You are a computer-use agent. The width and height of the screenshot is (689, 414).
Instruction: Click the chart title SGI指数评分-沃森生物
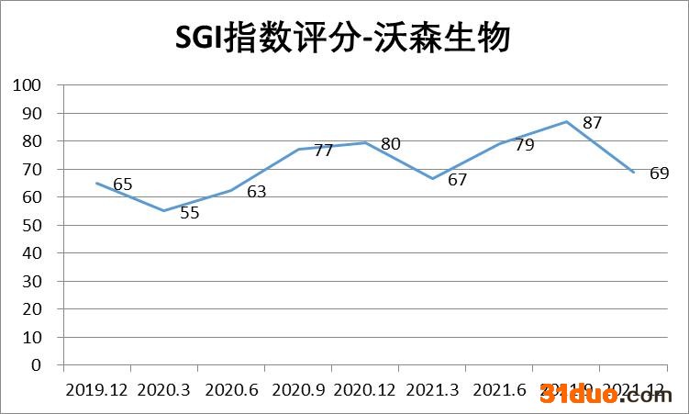pos(343,39)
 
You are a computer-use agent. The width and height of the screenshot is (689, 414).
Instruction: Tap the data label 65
pos(123,185)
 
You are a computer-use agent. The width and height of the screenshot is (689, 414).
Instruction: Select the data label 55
pos(190,213)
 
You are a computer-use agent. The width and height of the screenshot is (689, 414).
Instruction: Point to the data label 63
pos(256,192)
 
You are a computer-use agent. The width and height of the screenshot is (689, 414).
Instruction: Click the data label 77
pos(323,151)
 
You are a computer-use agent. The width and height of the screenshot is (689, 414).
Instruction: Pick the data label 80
pos(391,144)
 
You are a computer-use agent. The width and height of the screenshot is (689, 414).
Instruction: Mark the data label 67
pos(457,180)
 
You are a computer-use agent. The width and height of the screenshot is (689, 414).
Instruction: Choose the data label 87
pos(592,123)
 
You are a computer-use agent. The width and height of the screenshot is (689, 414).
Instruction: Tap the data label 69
pos(659,173)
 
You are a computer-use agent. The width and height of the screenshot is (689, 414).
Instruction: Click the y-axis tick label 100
pos(28,85)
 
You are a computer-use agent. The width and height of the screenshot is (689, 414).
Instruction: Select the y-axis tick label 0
pos(37,365)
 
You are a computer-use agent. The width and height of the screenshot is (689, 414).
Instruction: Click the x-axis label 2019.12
pos(96,390)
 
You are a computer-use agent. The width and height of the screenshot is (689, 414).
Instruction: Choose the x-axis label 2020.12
pos(365,390)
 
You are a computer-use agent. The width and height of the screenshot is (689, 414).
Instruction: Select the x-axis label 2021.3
pos(432,390)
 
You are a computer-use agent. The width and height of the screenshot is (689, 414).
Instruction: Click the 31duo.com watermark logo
pos(606,396)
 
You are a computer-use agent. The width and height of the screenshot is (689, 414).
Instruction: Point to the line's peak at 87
pos(567,121)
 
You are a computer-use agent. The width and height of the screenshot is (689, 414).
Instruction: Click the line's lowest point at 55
pos(163,211)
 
